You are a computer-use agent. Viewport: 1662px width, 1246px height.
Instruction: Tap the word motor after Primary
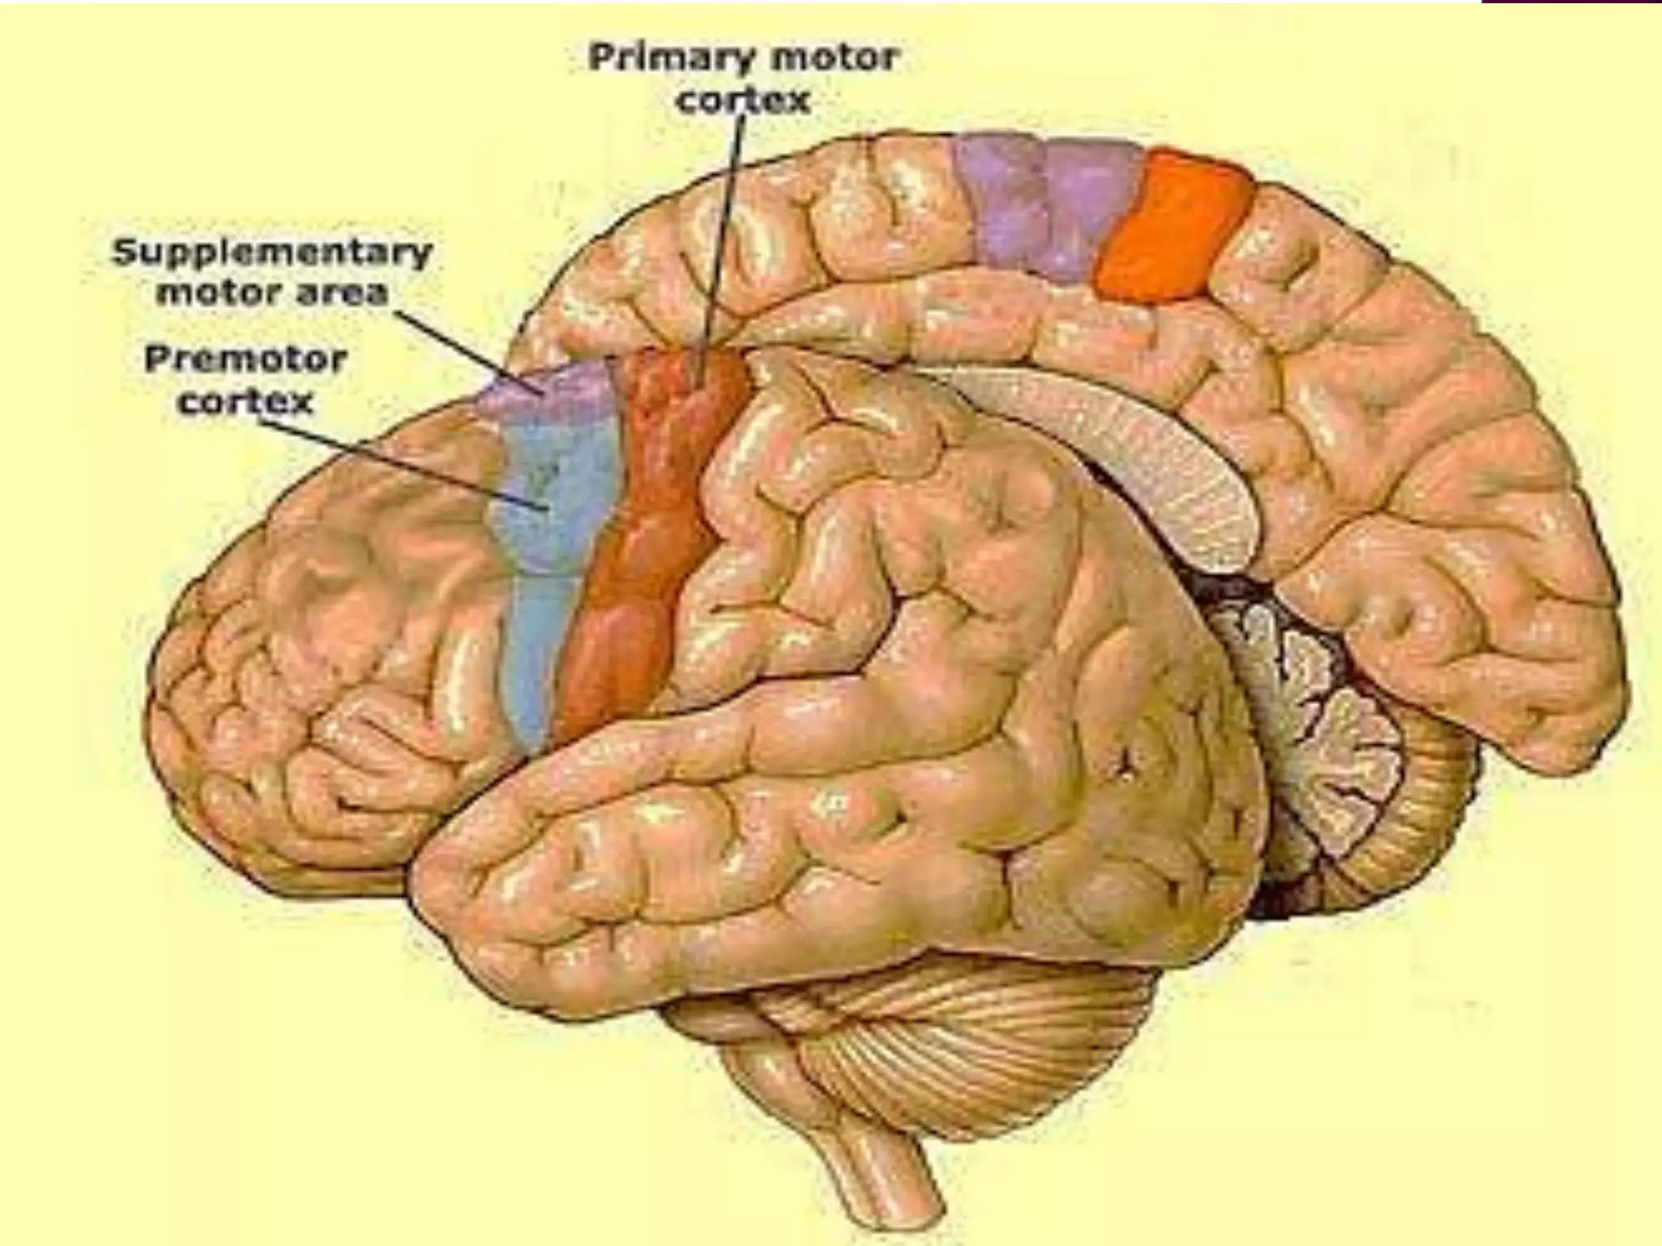pyautogui.click(x=846, y=58)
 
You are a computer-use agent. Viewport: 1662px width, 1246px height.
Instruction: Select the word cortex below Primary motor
pyautogui.click(x=743, y=101)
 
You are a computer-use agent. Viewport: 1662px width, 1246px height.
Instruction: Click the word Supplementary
pyautogui.click(x=271, y=252)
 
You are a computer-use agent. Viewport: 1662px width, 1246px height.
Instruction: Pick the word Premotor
pyautogui.click(x=245, y=359)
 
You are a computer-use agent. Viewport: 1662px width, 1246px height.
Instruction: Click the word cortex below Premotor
pyautogui.click(x=245, y=401)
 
